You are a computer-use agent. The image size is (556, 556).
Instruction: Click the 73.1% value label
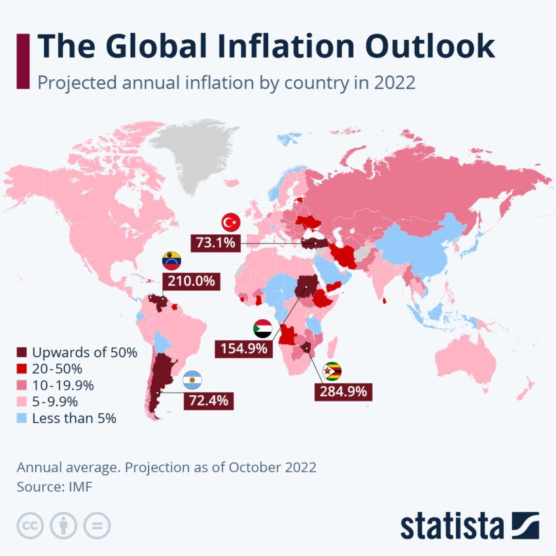click(x=215, y=243)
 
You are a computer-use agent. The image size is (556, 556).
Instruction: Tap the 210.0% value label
click(x=191, y=281)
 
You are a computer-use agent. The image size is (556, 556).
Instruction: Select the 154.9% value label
click(x=243, y=348)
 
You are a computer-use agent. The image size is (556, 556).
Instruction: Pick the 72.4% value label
click(x=208, y=400)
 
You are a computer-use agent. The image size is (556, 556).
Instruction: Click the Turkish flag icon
click(x=230, y=222)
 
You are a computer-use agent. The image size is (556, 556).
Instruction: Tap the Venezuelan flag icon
click(x=172, y=260)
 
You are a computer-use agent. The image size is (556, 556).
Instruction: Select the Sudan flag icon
click(x=262, y=328)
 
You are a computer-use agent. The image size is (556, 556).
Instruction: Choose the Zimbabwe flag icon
click(x=333, y=371)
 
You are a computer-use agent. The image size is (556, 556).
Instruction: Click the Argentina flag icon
click(x=192, y=379)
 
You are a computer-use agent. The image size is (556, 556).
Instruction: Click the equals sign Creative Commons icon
click(x=97, y=525)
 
